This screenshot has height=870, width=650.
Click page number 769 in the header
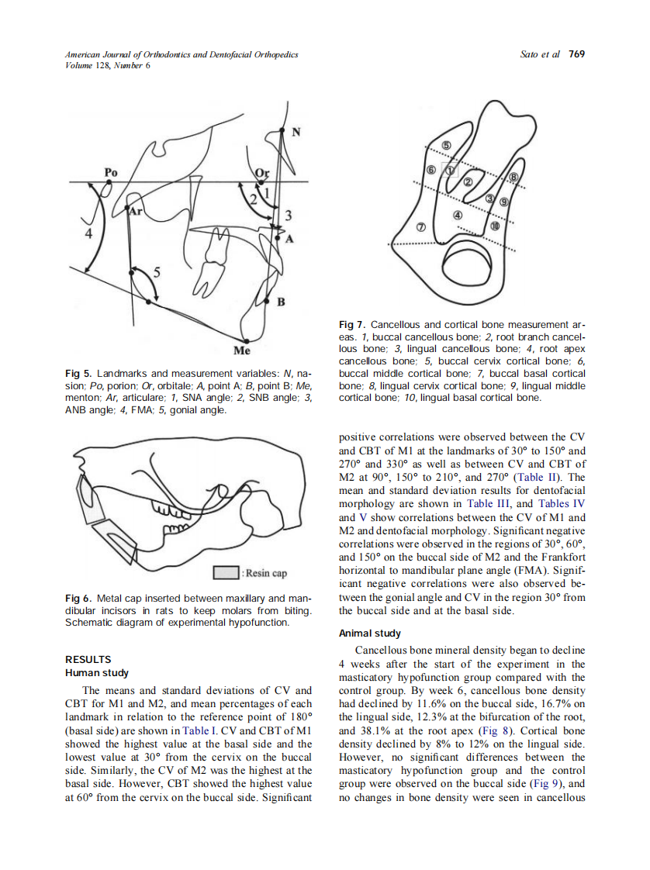click(x=576, y=54)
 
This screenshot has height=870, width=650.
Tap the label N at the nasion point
click(x=296, y=133)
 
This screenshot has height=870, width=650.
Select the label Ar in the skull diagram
click(x=137, y=211)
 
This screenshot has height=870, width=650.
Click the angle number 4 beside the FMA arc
click(x=88, y=233)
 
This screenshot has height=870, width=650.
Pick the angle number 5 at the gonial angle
click(x=158, y=272)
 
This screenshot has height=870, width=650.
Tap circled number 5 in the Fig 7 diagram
click(x=447, y=146)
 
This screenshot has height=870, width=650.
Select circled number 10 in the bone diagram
click(x=494, y=226)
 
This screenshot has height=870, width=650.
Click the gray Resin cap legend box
click(x=225, y=573)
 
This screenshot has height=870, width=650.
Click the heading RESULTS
click(x=88, y=659)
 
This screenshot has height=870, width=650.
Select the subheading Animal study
click(x=370, y=633)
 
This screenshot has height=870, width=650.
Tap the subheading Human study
click(x=97, y=672)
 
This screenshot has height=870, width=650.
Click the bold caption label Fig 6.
click(x=79, y=599)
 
